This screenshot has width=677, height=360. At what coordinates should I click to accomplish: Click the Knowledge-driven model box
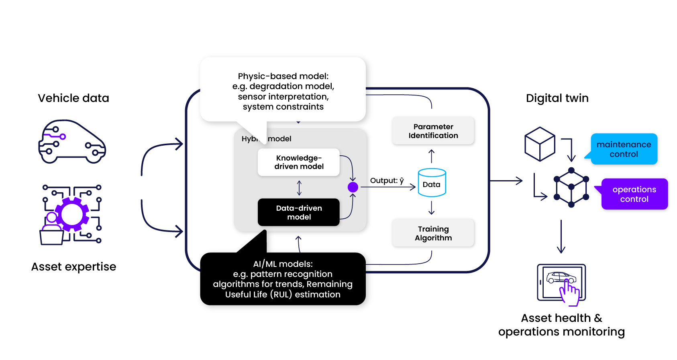tap(299, 162)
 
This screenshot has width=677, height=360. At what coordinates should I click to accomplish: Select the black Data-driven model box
tap(299, 212)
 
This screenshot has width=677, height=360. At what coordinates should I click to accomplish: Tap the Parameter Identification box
tap(433, 131)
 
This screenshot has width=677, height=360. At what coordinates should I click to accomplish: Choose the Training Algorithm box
tap(433, 233)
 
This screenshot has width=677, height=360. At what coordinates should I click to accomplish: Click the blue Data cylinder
tap(432, 183)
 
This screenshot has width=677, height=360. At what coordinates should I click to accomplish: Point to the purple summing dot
tap(353, 187)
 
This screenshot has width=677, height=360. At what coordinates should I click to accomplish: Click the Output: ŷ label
tap(387, 181)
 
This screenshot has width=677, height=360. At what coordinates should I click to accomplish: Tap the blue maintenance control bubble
tap(624, 149)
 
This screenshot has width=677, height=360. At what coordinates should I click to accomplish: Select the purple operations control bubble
tap(634, 194)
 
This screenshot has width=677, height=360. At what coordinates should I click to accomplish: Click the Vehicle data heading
tap(73, 98)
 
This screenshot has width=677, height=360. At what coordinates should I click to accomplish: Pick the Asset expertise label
tap(73, 266)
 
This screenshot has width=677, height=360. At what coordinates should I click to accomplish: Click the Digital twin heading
tap(557, 98)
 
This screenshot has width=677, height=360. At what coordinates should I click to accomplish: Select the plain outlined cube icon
tap(540, 144)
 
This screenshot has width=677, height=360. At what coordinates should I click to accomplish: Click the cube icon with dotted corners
tap(571, 187)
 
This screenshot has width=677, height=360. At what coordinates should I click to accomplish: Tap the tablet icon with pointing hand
tap(561, 283)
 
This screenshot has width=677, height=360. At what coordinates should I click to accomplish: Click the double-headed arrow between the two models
tap(299, 187)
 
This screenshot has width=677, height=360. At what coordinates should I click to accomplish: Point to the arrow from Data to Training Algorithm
tap(432, 208)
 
